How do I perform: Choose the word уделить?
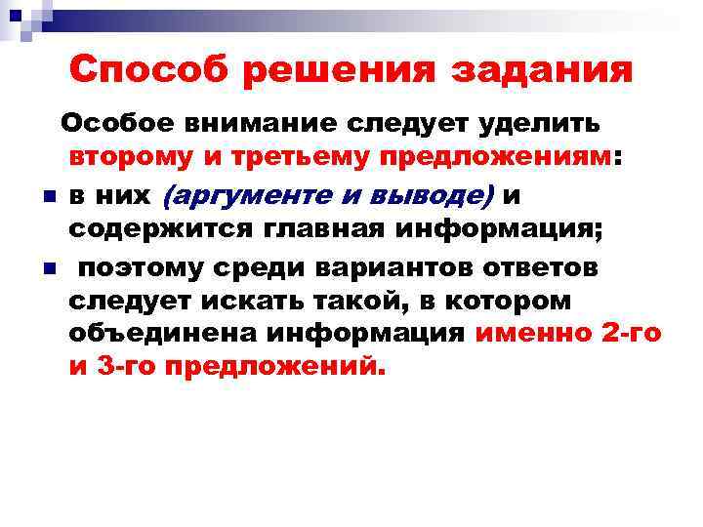pyautogui.click(x=536, y=124)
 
